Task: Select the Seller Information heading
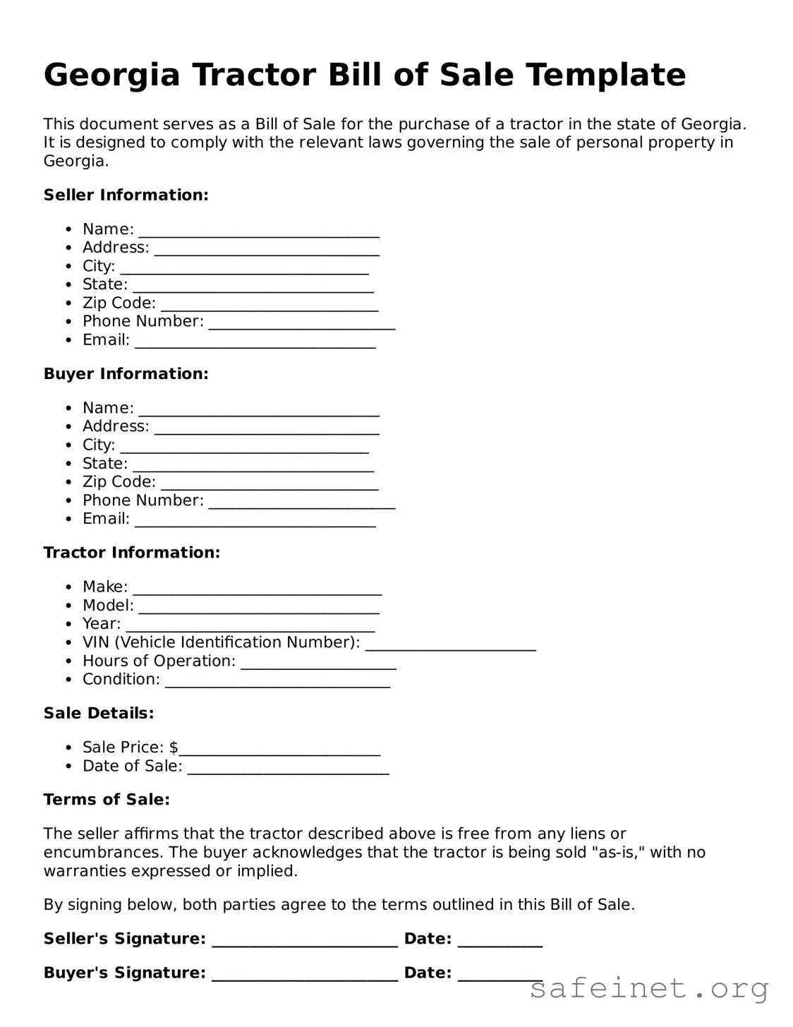click(126, 196)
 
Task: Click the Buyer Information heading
click(126, 374)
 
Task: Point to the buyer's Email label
click(106, 519)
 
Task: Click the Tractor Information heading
click(131, 553)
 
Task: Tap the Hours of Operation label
click(159, 661)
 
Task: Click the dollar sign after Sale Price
click(174, 747)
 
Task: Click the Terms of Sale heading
click(107, 800)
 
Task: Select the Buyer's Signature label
click(124, 973)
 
